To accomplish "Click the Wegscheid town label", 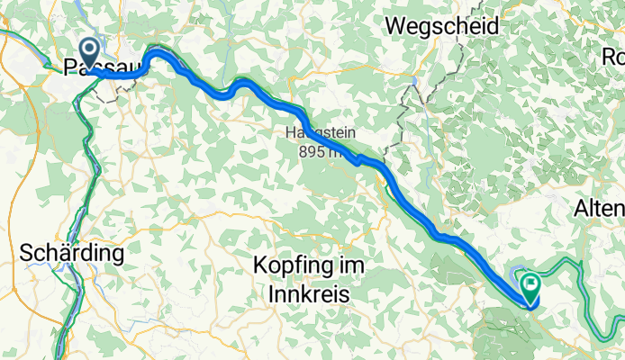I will pyautogui.click(x=441, y=27).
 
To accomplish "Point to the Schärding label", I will pyautogui.click(x=70, y=255).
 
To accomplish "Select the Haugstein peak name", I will pyautogui.click(x=322, y=132).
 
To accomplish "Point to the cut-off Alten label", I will pyautogui.click(x=600, y=209).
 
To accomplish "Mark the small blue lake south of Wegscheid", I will pyautogui.click(x=415, y=82).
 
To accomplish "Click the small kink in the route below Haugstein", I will pyautogui.click(x=359, y=161).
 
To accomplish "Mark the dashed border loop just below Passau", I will pyautogui.click(x=110, y=95).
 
